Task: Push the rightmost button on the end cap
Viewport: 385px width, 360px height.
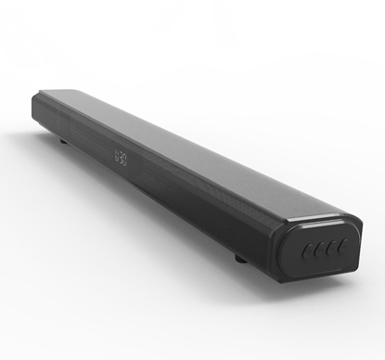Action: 344,246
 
